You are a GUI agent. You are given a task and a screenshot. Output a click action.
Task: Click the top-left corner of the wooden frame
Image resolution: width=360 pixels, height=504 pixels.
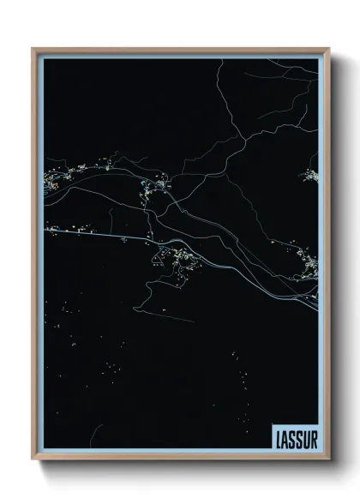(33, 49)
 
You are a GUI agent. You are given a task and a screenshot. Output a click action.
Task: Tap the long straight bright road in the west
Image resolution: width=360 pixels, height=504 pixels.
(94, 231)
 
